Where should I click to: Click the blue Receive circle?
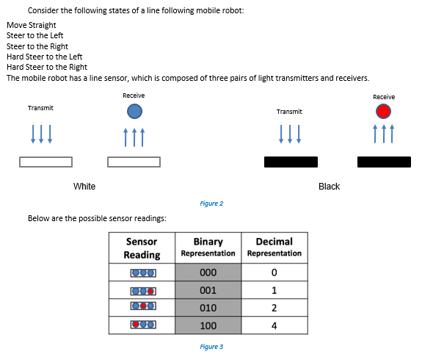[x=134, y=111]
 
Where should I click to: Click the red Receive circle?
[x=383, y=111]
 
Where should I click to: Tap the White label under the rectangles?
[x=84, y=187]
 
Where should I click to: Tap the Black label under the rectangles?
[x=329, y=187]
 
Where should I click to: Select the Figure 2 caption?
[x=211, y=204]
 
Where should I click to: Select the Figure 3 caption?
[x=211, y=346]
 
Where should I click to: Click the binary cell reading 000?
[x=208, y=273]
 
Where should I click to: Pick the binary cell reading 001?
[x=208, y=290]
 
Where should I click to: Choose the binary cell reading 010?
[x=208, y=307]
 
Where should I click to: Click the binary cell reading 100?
[x=208, y=324]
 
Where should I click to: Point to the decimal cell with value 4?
[x=274, y=324]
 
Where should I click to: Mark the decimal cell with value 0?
[x=274, y=273]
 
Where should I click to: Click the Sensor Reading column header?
[x=142, y=248]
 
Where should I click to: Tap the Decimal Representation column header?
[x=274, y=247]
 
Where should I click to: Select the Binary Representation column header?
[x=208, y=247]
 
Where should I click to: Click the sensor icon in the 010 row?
[x=142, y=307]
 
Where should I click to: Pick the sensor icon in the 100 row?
[x=142, y=324]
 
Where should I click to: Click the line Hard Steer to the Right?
[x=47, y=67]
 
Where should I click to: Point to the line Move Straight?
[x=32, y=25]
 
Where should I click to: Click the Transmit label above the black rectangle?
[x=289, y=112]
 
